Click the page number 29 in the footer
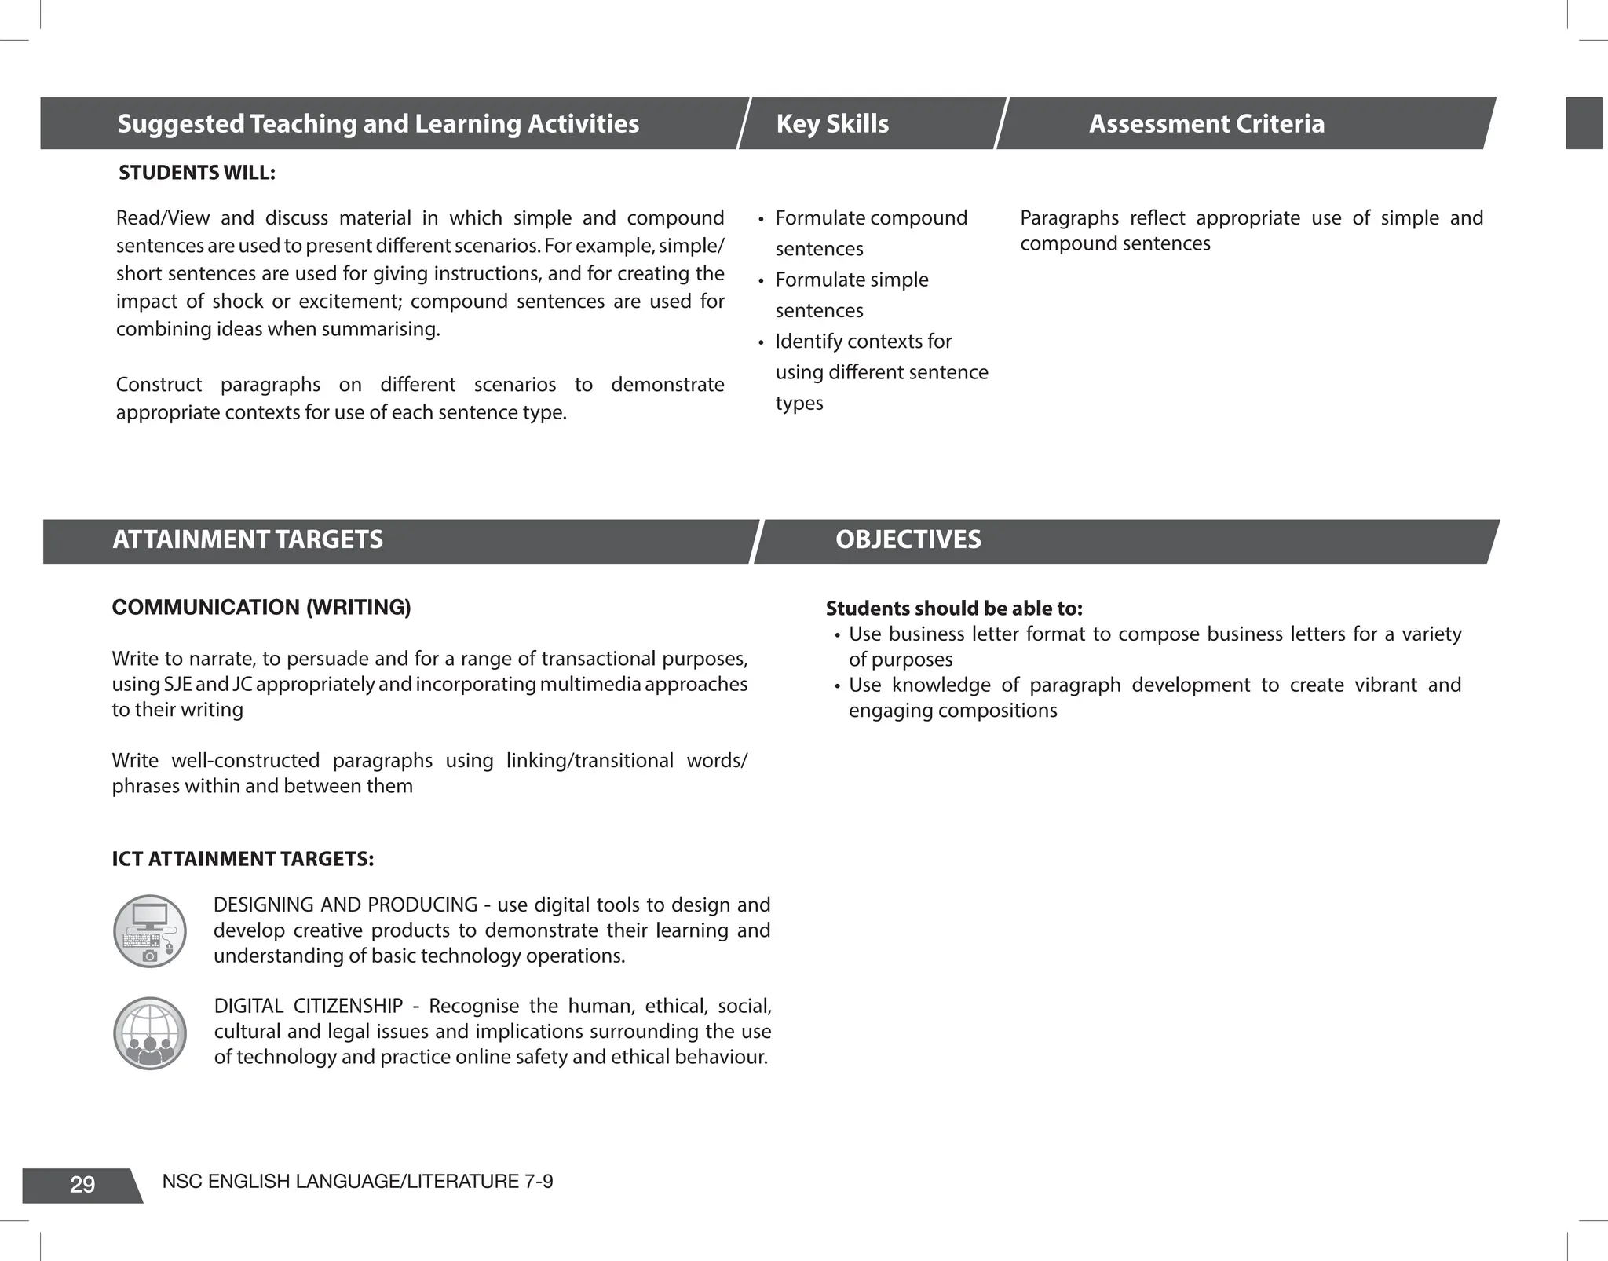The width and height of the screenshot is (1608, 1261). click(x=82, y=1184)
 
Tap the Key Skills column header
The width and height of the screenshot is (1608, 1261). click(x=832, y=124)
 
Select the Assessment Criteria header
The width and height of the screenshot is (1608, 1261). click(x=1206, y=124)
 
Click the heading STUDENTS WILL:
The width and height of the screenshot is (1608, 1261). click(x=196, y=173)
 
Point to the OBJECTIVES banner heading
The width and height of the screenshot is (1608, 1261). click(x=908, y=540)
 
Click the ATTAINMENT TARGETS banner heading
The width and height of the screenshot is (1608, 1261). click(x=247, y=540)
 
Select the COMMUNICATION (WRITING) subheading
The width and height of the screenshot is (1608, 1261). click(x=261, y=608)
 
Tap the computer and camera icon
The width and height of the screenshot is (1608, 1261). click(x=150, y=931)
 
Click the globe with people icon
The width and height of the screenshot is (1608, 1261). click(x=150, y=1033)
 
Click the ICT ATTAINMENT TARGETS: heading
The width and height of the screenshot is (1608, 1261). click(x=243, y=859)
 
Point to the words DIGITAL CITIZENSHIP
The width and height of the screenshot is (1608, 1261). click(x=308, y=1007)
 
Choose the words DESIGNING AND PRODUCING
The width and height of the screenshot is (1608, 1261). click(x=345, y=905)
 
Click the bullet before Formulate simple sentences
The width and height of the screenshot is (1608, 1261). click(x=761, y=281)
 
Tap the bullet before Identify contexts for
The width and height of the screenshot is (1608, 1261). click(x=761, y=343)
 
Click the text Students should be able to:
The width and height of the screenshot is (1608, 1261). click(x=954, y=609)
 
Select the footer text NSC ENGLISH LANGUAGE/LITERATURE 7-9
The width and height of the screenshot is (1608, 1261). click(x=357, y=1182)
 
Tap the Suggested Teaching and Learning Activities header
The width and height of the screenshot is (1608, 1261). click(x=378, y=124)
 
